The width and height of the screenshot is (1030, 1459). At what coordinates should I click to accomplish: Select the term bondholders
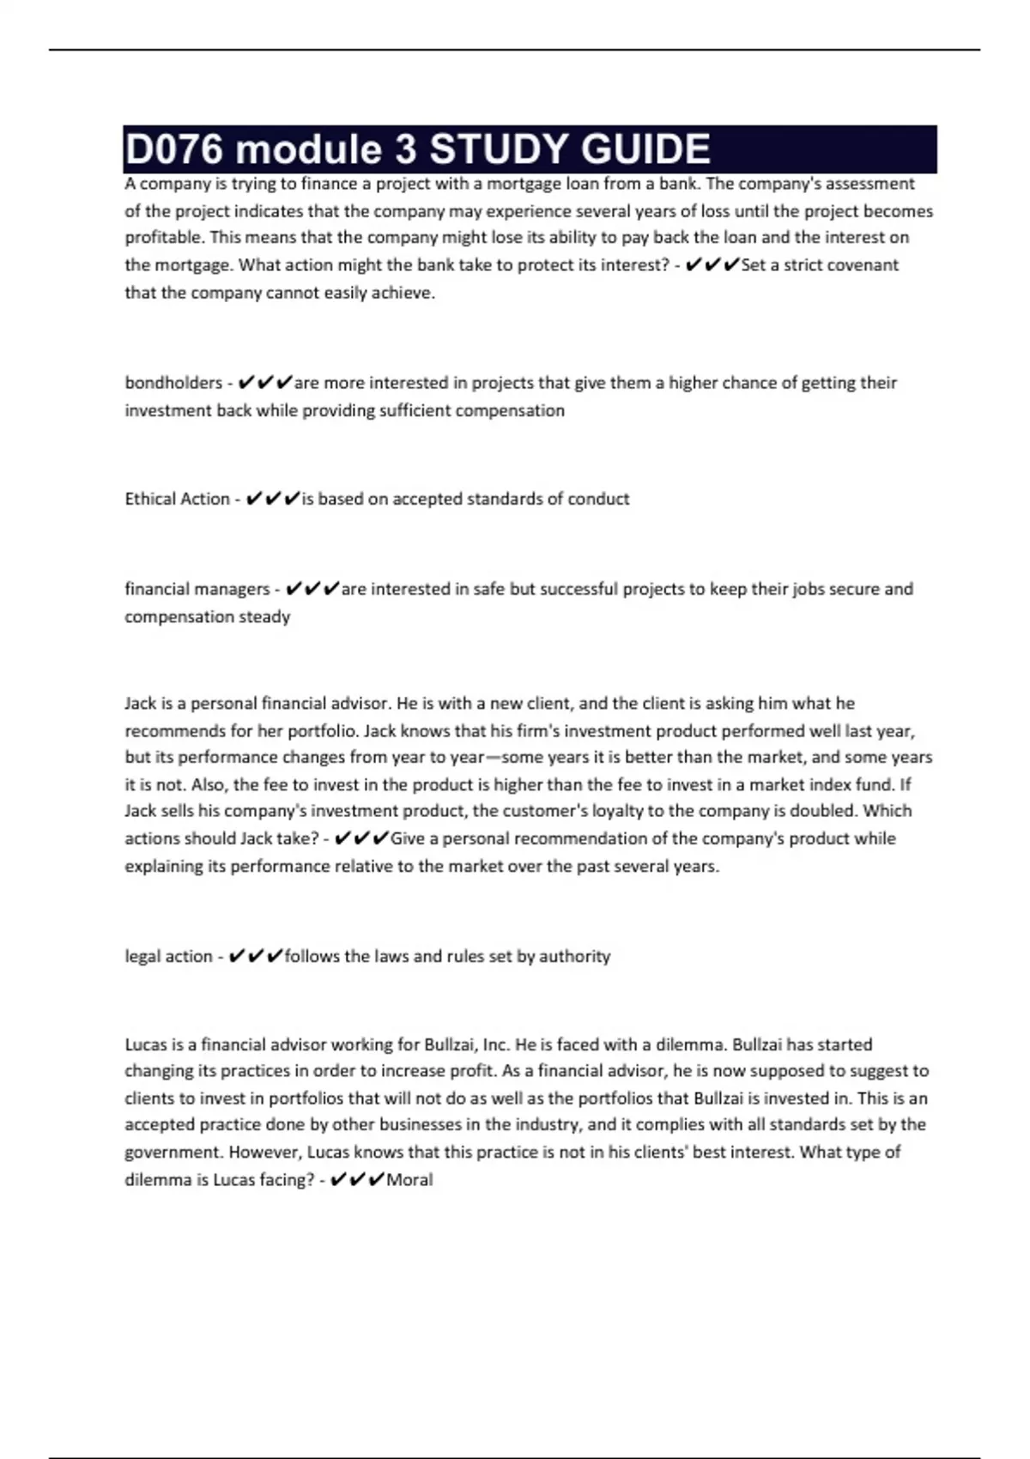(173, 383)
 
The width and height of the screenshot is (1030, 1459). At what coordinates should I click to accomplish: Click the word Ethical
(149, 499)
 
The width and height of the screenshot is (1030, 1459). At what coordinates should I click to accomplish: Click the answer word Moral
(409, 1180)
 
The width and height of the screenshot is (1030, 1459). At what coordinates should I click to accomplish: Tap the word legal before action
(144, 956)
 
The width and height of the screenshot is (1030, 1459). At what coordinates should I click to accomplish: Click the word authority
(574, 956)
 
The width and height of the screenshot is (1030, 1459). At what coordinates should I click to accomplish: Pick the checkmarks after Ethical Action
(272, 499)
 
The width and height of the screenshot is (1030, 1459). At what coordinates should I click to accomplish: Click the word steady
(269, 617)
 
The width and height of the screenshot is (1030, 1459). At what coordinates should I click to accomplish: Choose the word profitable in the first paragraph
(163, 238)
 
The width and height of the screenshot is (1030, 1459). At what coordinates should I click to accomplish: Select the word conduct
(598, 499)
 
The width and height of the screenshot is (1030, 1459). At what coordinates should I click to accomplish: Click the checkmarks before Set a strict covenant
(712, 265)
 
